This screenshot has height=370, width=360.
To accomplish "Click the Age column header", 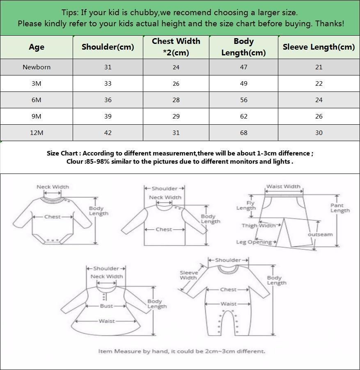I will (x=37, y=47).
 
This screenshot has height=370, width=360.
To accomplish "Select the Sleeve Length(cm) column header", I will (x=319, y=47).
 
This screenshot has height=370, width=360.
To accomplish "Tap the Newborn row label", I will (x=37, y=67).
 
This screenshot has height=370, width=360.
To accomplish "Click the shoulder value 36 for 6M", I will (x=108, y=100).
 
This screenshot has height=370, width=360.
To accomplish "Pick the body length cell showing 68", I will (x=244, y=132).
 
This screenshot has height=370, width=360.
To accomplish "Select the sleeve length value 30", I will (x=319, y=132).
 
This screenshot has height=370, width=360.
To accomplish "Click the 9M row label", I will (x=37, y=116).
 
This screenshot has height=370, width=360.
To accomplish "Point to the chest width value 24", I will (x=176, y=67).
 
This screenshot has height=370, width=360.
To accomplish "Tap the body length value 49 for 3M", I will (x=244, y=83).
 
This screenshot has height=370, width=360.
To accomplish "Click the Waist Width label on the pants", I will (x=283, y=186).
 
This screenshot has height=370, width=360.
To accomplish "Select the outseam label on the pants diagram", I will (x=320, y=235).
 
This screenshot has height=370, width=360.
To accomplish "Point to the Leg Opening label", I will (x=254, y=242).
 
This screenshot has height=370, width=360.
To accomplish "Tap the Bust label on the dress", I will (x=106, y=306).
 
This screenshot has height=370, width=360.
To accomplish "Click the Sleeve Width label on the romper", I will (x=188, y=275).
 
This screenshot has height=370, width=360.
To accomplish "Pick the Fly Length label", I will (x=246, y=205).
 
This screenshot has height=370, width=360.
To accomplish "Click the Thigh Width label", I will (x=259, y=225).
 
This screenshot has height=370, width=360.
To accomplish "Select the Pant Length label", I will (x=340, y=208).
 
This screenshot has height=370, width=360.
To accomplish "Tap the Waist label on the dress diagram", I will (x=106, y=321).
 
